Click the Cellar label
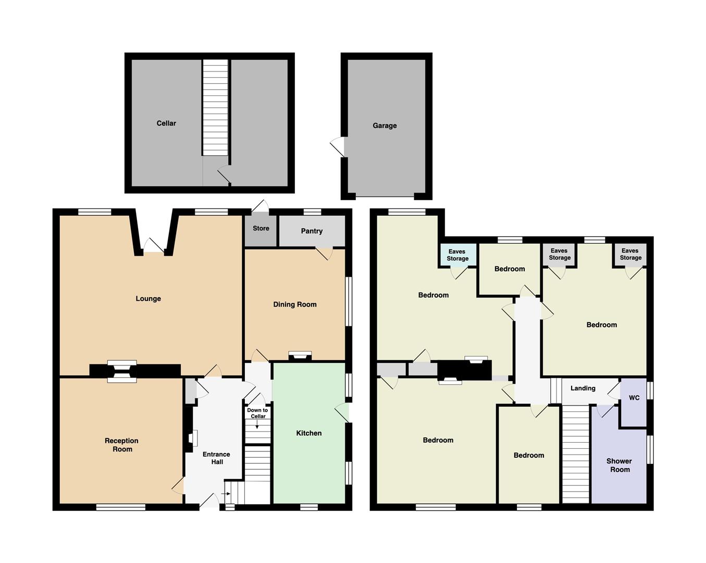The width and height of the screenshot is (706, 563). (166, 123)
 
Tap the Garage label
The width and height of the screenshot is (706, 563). (385, 126)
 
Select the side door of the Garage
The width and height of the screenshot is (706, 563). (337, 146)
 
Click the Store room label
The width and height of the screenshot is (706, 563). (261, 228)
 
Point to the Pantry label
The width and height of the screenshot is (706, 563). (312, 231)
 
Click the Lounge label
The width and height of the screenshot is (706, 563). (148, 299)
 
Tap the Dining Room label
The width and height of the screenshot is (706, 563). (295, 304)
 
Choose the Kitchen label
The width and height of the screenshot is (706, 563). (308, 433)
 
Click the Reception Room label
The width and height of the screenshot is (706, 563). (122, 445)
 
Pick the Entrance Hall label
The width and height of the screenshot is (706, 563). (217, 458)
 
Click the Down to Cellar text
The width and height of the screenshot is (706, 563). (257, 413)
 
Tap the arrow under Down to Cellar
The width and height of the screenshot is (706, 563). (257, 425)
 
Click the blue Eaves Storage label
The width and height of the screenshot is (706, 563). (457, 255)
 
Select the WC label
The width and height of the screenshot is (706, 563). (634, 398)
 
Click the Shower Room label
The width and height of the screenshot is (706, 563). (620, 465)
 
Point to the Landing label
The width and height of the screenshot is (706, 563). (583, 388)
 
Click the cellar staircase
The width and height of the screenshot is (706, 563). (215, 107)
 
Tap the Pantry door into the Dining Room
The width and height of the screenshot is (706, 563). (324, 253)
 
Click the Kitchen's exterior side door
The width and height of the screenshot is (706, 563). (342, 413)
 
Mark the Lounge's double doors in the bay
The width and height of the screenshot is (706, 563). (154, 246)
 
